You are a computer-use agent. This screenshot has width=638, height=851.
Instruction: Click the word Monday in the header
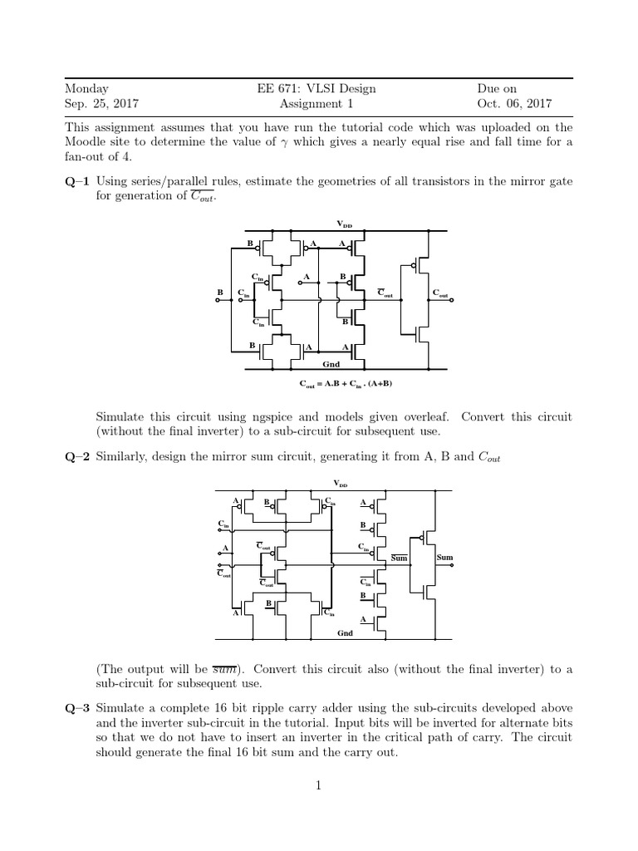[86, 89]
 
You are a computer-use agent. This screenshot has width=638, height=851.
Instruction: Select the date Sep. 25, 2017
[101, 104]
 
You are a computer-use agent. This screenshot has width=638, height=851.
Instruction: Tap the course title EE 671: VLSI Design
[318, 89]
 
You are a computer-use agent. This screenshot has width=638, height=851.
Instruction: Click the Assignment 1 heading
[318, 104]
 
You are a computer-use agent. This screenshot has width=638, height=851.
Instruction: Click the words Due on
[496, 89]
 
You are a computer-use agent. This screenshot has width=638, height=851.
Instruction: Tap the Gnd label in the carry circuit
[330, 363]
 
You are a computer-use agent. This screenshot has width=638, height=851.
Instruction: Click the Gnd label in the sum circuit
[345, 633]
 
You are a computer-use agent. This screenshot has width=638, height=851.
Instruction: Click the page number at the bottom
[318, 785]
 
